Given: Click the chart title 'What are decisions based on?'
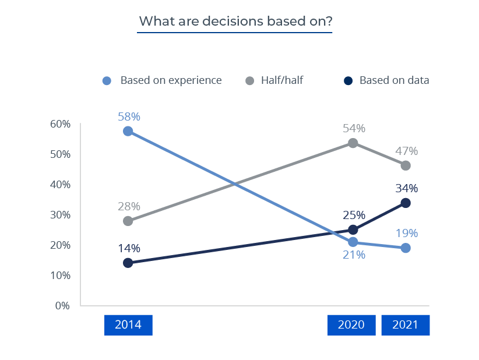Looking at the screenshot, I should pyautogui.click(x=235, y=22).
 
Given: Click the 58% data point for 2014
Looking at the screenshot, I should pyautogui.click(x=128, y=131).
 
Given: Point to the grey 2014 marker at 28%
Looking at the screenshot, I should pyautogui.click(x=128, y=221).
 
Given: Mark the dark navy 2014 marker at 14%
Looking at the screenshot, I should pyautogui.click(x=128, y=263).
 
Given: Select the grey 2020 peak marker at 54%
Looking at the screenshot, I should pyautogui.click(x=353, y=143).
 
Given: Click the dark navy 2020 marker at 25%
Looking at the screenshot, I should pyautogui.click(x=353, y=230).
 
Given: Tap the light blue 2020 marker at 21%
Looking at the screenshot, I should pyautogui.click(x=353, y=242).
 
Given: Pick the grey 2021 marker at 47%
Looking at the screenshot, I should pyautogui.click(x=406, y=165).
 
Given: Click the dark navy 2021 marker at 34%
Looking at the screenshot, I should pyautogui.click(x=406, y=203).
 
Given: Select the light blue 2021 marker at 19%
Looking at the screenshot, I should pyautogui.click(x=406, y=248).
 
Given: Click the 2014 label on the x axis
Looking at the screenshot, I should pyautogui.click(x=128, y=325).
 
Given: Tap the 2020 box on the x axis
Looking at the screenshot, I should pyautogui.click(x=352, y=325).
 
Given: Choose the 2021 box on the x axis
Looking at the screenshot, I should pyautogui.click(x=405, y=325).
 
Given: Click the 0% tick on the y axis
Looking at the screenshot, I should pyautogui.click(x=62, y=305).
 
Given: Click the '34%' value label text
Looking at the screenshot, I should pyautogui.click(x=407, y=188).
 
